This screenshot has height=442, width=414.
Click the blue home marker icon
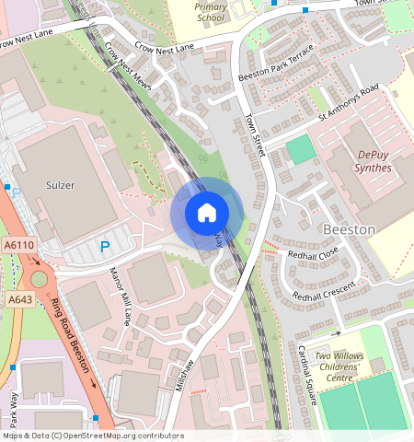[207, 213]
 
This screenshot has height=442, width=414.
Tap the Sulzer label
[59, 185]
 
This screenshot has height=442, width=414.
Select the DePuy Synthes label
[362, 162]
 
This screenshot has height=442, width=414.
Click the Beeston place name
[350, 227]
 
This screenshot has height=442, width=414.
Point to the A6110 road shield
[19, 246]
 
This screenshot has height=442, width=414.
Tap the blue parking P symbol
[104, 247]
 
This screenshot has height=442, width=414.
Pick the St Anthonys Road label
[349, 103]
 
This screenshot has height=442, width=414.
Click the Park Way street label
[14, 411]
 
